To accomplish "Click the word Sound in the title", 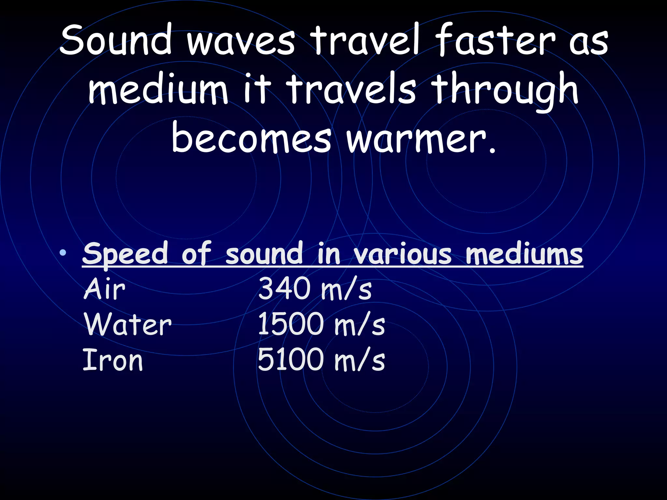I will pos(116,41).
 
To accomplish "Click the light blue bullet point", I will pos(63,252).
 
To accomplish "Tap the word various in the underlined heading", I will pos(403,254).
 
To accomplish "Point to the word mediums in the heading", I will pos(524,254).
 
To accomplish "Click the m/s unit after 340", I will pos(346,289).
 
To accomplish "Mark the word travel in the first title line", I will pos(364,41).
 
